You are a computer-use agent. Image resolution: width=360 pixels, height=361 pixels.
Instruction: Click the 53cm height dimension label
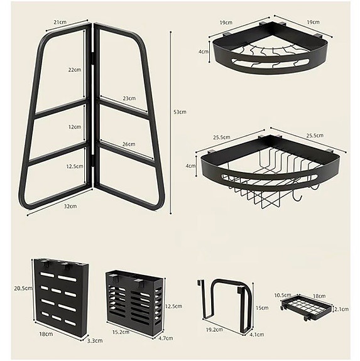click(180, 112)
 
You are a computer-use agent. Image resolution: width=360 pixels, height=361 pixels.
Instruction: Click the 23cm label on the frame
click(129, 98)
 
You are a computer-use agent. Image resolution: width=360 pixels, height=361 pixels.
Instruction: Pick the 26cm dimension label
click(128, 144)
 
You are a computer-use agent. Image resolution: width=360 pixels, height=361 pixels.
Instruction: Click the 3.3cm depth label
click(95, 341)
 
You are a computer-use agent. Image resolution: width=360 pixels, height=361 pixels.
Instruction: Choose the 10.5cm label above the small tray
click(283, 294)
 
